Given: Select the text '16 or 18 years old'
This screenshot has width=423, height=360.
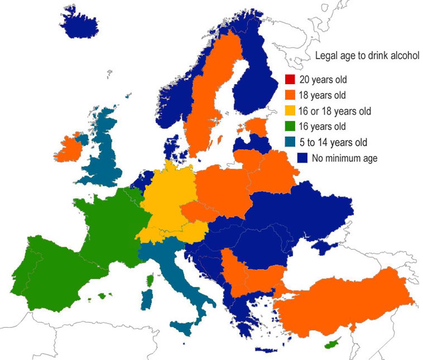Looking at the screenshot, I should (x=335, y=111).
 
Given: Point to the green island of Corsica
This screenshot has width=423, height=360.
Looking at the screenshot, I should (x=149, y=279).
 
